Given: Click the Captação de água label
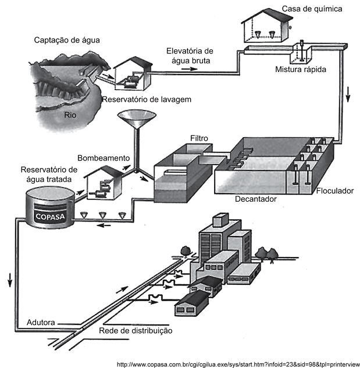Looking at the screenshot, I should [67, 40].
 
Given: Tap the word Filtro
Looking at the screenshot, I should [199, 138].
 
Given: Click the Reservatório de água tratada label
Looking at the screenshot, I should [46, 174].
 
